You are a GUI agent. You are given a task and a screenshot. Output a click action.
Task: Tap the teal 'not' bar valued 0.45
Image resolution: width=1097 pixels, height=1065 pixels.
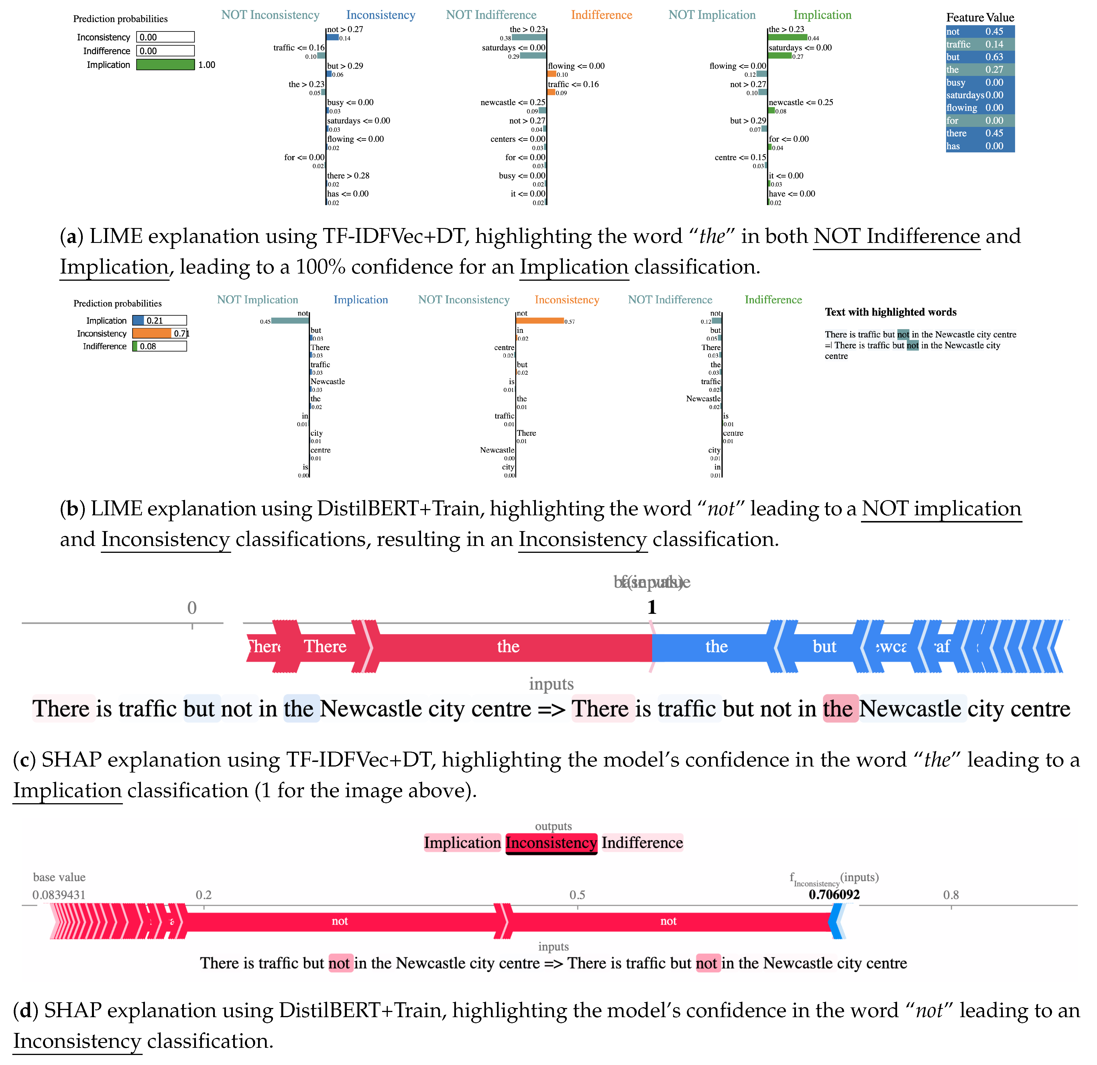pos(290,321)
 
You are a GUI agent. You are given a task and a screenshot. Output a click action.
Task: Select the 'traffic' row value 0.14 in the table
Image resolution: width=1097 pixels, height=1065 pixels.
pos(994,44)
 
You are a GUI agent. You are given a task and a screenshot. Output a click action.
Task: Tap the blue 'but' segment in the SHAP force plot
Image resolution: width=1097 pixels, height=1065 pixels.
pos(824,647)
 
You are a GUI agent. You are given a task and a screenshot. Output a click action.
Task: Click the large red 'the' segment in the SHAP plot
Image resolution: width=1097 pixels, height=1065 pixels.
pos(508,647)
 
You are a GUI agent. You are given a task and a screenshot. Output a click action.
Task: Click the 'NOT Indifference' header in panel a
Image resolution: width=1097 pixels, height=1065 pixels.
pos(491,15)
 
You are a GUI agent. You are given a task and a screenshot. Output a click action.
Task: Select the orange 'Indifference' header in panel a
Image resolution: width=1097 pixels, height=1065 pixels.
pos(601,15)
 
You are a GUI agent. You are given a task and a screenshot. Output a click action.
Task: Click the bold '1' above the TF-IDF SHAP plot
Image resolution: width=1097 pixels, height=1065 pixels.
pos(652,607)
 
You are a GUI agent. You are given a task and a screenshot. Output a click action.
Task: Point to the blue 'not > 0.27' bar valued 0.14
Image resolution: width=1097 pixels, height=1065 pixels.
pos(333,38)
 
